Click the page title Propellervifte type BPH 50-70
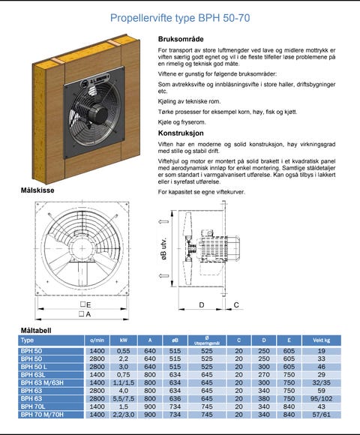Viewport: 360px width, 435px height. (180, 18)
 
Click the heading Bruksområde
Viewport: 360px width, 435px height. (181, 39)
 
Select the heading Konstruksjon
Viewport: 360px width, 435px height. (181, 133)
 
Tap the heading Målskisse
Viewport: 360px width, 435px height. (37, 190)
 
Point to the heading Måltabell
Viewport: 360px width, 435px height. (36, 331)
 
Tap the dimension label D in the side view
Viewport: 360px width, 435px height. (202, 305)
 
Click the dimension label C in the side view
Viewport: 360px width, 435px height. (236, 305)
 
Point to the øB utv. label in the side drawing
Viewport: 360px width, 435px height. (164, 248)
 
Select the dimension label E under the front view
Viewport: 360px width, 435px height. (85, 304)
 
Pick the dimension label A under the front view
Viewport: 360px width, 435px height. (85, 314)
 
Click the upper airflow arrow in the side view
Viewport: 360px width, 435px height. (163, 221)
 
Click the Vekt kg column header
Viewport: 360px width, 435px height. (322, 340)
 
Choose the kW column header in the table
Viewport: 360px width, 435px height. (124, 340)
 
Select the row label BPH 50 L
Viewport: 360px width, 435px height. (34, 367)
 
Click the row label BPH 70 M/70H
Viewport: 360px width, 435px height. (42, 415)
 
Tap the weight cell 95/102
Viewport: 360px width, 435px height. (322, 399)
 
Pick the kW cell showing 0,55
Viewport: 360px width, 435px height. (124, 351)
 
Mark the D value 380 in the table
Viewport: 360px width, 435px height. (264, 399)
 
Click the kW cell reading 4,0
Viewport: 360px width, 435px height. (124, 391)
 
